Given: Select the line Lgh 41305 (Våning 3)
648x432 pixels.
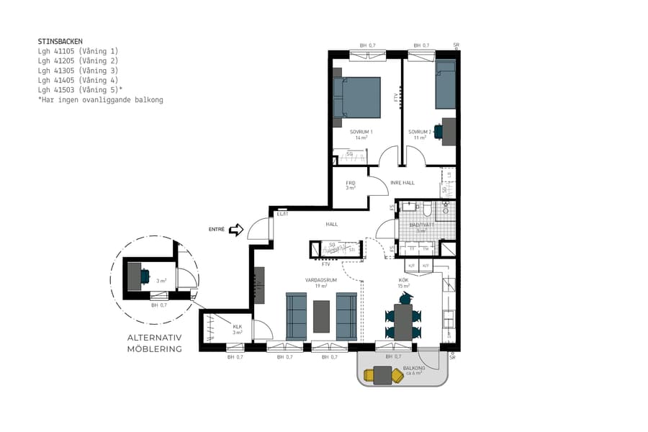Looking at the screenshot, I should tap(78, 71).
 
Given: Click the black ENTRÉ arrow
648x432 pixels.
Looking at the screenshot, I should tap(235, 230).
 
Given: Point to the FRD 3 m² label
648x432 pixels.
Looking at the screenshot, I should tap(351, 185).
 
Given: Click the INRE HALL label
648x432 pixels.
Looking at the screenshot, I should tap(402, 183).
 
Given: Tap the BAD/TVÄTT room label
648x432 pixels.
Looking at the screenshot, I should tap(422, 227).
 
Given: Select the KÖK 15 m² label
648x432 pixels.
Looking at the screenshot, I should tap(404, 282).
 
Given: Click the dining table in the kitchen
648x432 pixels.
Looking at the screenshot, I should tap(402, 321).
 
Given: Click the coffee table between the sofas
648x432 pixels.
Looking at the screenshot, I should tap(321, 316).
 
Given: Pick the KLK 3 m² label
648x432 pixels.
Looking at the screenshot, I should tap(237, 330).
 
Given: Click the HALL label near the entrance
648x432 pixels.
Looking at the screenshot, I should tap(332, 224).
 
